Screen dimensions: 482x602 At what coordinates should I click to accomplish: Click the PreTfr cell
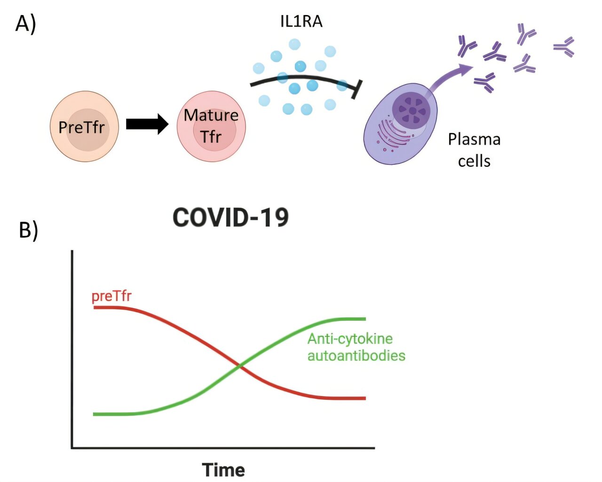click(84, 127)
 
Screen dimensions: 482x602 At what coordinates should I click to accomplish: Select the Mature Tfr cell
click(211, 126)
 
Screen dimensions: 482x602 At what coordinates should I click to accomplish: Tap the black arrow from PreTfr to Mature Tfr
click(147, 124)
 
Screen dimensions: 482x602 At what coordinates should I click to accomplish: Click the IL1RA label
click(301, 22)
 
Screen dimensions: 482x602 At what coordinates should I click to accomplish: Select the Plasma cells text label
click(474, 150)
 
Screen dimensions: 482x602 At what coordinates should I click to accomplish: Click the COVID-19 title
click(230, 218)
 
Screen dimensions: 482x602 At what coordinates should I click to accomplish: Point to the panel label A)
click(25, 23)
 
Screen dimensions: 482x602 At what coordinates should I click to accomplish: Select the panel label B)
click(28, 230)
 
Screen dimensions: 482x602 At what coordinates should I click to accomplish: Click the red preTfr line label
click(111, 296)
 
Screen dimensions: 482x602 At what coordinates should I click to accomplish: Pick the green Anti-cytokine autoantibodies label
click(356, 347)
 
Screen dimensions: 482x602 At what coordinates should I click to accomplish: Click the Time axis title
click(223, 470)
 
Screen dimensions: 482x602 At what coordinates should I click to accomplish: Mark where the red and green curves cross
click(240, 365)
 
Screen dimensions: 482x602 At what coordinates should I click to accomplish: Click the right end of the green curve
click(364, 319)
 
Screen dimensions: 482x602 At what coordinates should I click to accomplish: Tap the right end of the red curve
click(364, 398)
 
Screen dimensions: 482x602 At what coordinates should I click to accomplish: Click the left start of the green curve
click(95, 414)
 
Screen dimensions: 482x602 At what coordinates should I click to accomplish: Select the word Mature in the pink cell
click(211, 115)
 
